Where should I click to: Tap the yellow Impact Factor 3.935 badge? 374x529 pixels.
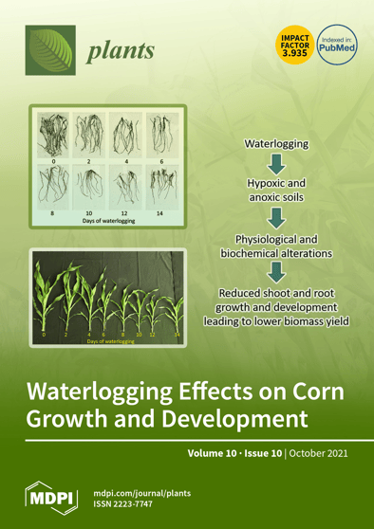point(290,44)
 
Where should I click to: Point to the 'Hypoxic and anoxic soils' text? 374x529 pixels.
point(276,191)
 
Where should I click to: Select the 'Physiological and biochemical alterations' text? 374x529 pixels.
point(276,246)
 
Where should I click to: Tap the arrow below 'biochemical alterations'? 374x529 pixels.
point(276,273)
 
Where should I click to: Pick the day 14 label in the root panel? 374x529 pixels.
point(159,214)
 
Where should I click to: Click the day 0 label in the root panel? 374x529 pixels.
point(54,163)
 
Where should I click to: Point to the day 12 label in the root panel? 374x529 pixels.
point(124,214)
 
